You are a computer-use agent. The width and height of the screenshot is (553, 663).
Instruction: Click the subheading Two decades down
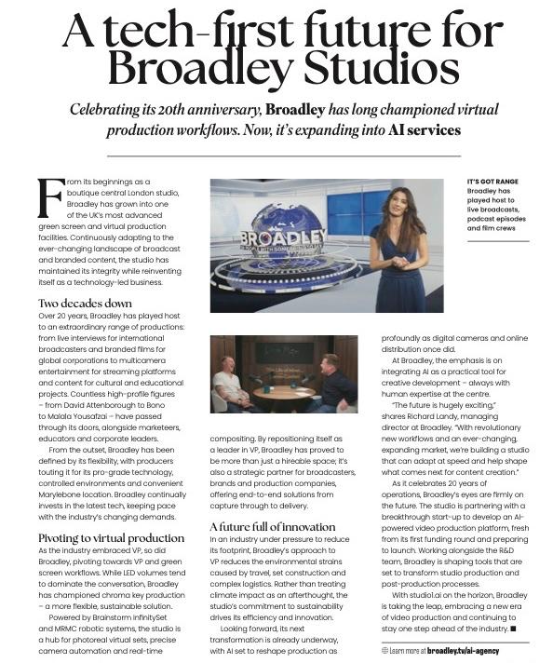(x=85, y=304)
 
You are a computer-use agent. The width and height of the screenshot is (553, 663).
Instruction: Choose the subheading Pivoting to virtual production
(x=111, y=538)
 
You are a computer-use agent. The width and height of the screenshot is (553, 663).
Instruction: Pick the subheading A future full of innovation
(x=271, y=527)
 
